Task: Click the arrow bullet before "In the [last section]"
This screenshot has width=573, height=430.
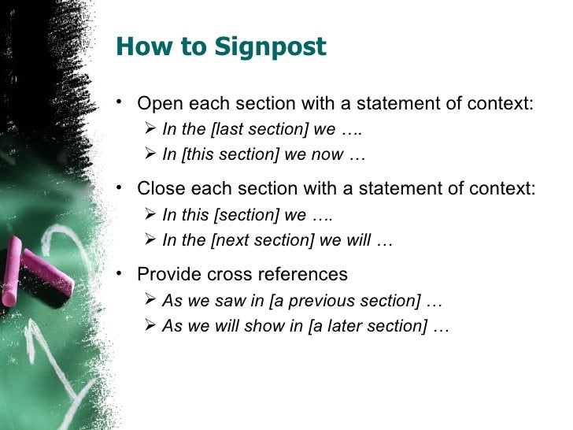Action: [x=150, y=129]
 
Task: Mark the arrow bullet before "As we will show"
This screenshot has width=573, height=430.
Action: [x=150, y=325]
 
